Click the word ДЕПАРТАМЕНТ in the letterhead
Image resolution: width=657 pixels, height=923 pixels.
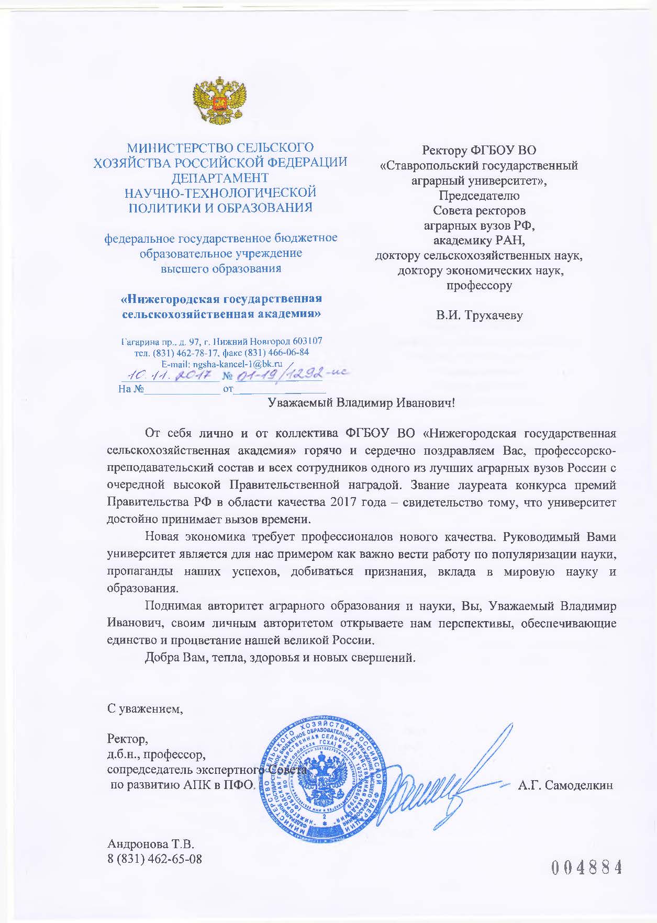pyautogui.click(x=220, y=178)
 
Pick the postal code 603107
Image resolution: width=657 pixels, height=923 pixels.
pyautogui.click(x=305, y=341)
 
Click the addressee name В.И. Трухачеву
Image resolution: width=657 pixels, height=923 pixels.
pyautogui.click(x=480, y=316)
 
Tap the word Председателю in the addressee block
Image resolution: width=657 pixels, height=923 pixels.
pyautogui.click(x=479, y=196)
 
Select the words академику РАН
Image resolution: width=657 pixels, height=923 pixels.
pyautogui.click(x=479, y=241)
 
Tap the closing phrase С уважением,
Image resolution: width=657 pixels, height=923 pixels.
pyautogui.click(x=146, y=710)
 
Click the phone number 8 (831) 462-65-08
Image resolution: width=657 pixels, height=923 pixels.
pyautogui.click(x=154, y=859)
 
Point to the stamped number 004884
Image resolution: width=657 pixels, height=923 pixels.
pyautogui.click(x=586, y=868)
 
